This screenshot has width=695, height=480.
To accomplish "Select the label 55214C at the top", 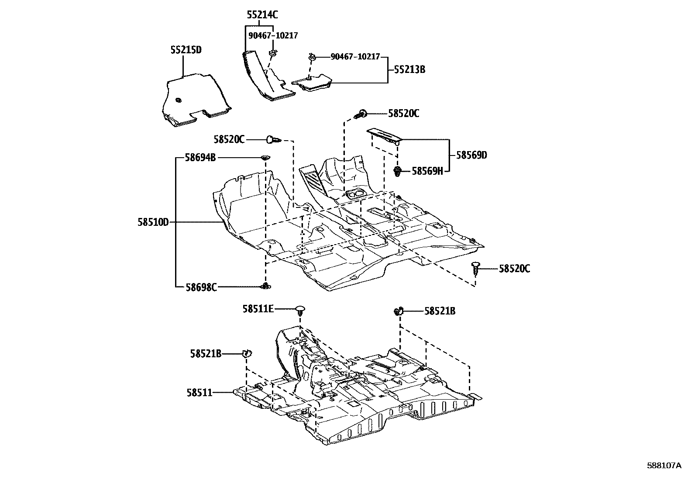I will click(x=262, y=15).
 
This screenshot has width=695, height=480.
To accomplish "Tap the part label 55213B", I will click(x=409, y=69).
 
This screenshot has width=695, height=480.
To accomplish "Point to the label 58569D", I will click(x=471, y=155).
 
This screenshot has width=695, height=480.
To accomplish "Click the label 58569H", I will click(x=427, y=171).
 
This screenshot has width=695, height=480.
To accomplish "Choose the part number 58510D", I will click(x=153, y=222).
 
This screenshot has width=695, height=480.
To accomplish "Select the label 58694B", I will click(x=200, y=157).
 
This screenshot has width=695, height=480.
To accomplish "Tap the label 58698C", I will click(x=201, y=287).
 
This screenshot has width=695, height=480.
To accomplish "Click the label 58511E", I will click(x=258, y=309).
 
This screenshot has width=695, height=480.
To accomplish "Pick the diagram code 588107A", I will click(x=664, y=466).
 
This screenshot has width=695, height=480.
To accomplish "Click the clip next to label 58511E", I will click(x=300, y=310).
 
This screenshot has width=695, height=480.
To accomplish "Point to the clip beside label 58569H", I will click(x=397, y=171).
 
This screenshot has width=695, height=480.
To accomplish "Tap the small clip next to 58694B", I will click(x=265, y=158).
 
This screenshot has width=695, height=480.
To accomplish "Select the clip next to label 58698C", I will click(x=265, y=286).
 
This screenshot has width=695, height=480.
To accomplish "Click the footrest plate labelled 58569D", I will click(x=384, y=135).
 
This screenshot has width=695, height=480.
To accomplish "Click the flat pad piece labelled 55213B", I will click(x=312, y=83).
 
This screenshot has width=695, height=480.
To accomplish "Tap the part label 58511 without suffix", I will click(x=200, y=393).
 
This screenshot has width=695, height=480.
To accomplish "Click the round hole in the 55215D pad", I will click(x=178, y=100).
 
